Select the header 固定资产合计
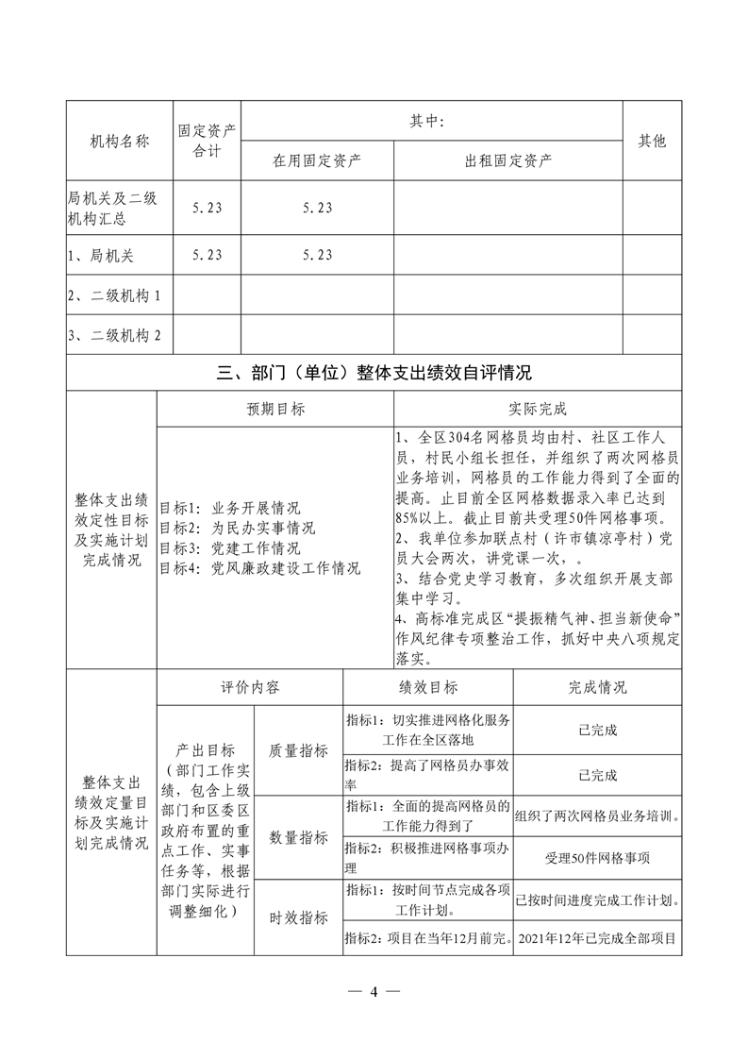pos(207,141)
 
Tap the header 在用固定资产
pos(318,160)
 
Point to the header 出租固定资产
pos(508,160)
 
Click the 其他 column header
pos(652,141)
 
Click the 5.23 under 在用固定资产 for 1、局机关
pos(318,255)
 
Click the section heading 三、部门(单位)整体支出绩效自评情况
pos(374,373)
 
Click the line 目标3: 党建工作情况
pos(230,548)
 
